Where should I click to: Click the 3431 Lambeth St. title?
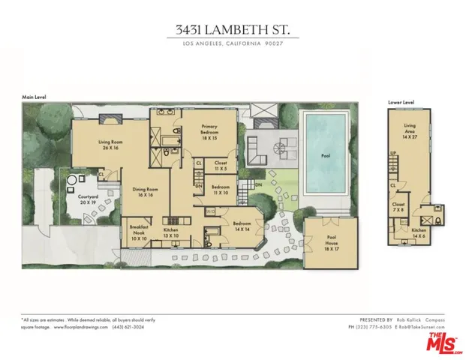233,30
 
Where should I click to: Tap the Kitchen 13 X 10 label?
171,232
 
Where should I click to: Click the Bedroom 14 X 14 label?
241,226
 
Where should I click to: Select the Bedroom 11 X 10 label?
220,190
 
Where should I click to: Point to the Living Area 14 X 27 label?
410,131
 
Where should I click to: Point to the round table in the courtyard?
74,183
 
